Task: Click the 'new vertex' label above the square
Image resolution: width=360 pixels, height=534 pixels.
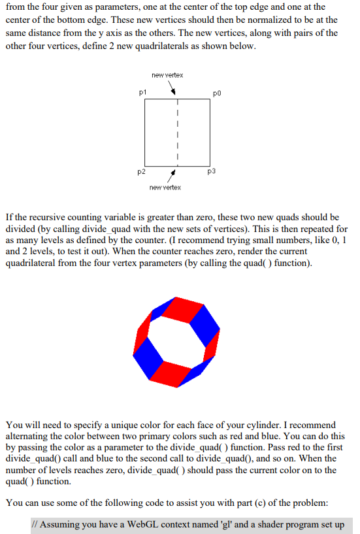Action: [x=167, y=75]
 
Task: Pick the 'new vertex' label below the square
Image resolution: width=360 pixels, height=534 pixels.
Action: [x=165, y=188]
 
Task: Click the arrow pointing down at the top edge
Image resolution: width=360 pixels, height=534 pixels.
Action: [x=173, y=91]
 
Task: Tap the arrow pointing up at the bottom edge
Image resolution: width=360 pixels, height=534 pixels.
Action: [x=172, y=175]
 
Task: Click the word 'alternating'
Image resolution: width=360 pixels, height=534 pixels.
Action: [x=31, y=437]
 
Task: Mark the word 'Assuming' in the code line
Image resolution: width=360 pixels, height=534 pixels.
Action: [x=61, y=524]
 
